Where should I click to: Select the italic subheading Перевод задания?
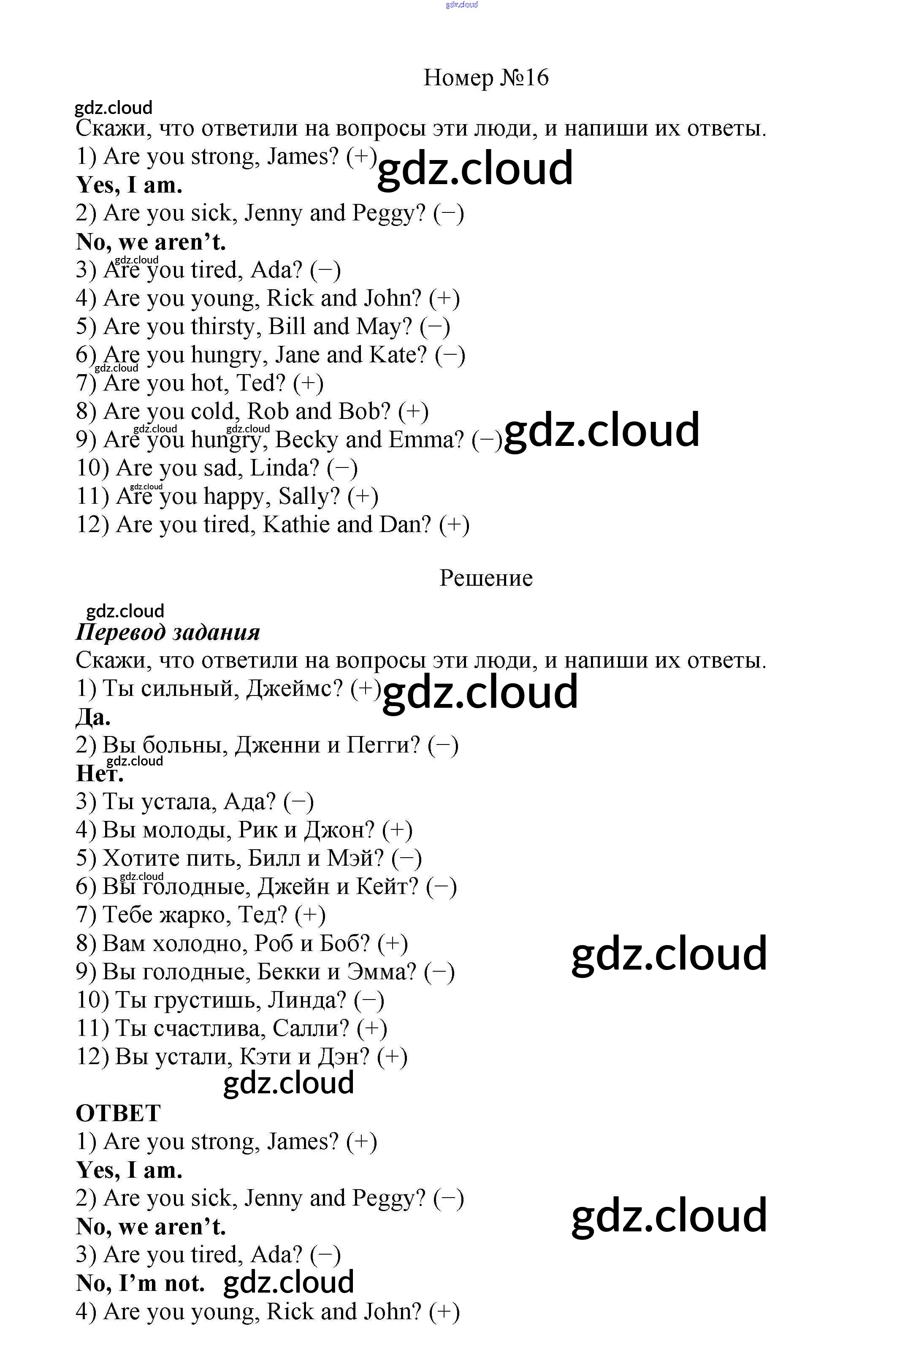point(168,632)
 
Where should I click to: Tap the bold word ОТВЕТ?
point(118,1113)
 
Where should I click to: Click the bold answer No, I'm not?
point(140,1283)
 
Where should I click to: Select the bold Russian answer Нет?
point(100,773)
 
